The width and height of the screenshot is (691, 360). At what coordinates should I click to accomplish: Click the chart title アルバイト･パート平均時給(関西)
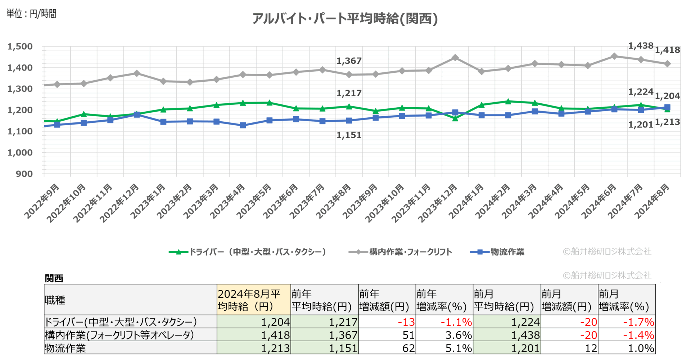tap(345, 18)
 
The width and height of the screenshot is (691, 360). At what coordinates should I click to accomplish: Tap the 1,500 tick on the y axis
tap(20, 46)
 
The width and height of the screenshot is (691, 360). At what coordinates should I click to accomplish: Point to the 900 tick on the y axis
tap(24, 174)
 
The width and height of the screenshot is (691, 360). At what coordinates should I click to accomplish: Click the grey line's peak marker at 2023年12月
tap(455, 58)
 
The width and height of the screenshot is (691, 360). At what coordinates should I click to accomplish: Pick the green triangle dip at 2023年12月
tap(455, 118)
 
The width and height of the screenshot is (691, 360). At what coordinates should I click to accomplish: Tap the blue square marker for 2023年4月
tap(243, 125)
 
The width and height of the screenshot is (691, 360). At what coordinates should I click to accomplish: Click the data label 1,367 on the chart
tap(349, 61)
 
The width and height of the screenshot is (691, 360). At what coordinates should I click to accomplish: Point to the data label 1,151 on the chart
tap(349, 135)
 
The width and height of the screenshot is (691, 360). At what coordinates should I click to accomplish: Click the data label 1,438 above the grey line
tap(641, 46)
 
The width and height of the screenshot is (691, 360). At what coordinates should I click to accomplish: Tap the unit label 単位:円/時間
tap(32, 14)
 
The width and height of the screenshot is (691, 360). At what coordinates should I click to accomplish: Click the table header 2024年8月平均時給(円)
tap(253, 300)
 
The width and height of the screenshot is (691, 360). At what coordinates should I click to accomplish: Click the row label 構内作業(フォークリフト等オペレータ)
tap(119, 335)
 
